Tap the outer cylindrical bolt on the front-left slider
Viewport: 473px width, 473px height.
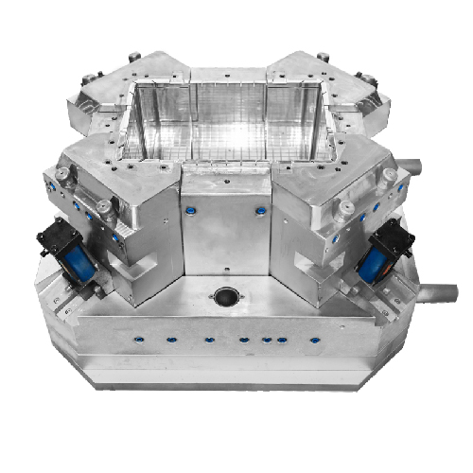click(x=64, y=176)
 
